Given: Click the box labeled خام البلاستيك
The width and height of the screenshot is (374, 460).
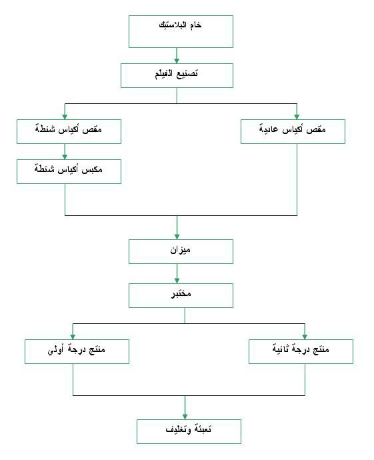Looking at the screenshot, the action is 181,32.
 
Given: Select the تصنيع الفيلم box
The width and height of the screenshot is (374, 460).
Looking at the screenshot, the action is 177,76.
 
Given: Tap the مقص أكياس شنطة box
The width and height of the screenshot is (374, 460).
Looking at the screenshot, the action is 69,131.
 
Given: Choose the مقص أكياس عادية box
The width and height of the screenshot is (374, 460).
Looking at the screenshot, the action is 293,131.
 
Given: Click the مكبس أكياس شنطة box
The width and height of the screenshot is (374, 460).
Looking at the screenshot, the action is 69,171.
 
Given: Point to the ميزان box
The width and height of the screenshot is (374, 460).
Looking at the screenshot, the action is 181,252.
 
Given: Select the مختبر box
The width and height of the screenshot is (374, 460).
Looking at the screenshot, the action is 181,295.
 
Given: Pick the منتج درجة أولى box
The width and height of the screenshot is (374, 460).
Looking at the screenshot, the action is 77,351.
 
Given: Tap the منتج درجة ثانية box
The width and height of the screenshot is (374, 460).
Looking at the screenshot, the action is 301,351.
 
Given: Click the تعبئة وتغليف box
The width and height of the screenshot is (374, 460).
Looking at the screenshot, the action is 189,431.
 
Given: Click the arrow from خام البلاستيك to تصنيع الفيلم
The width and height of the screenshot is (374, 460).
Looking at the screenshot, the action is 177,56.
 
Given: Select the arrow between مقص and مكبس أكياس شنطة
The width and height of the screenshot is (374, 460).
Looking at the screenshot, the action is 65,152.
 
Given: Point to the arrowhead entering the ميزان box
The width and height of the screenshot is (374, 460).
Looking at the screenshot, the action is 177,237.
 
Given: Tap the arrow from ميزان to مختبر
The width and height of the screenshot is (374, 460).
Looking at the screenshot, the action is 177,274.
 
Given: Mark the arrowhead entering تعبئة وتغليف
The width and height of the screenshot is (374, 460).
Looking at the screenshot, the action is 185,417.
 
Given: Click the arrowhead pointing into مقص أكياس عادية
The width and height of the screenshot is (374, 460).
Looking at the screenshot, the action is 297,117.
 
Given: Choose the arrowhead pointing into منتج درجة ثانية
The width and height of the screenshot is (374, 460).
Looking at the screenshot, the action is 305,337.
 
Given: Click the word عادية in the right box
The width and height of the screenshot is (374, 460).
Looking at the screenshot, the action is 269,129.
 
